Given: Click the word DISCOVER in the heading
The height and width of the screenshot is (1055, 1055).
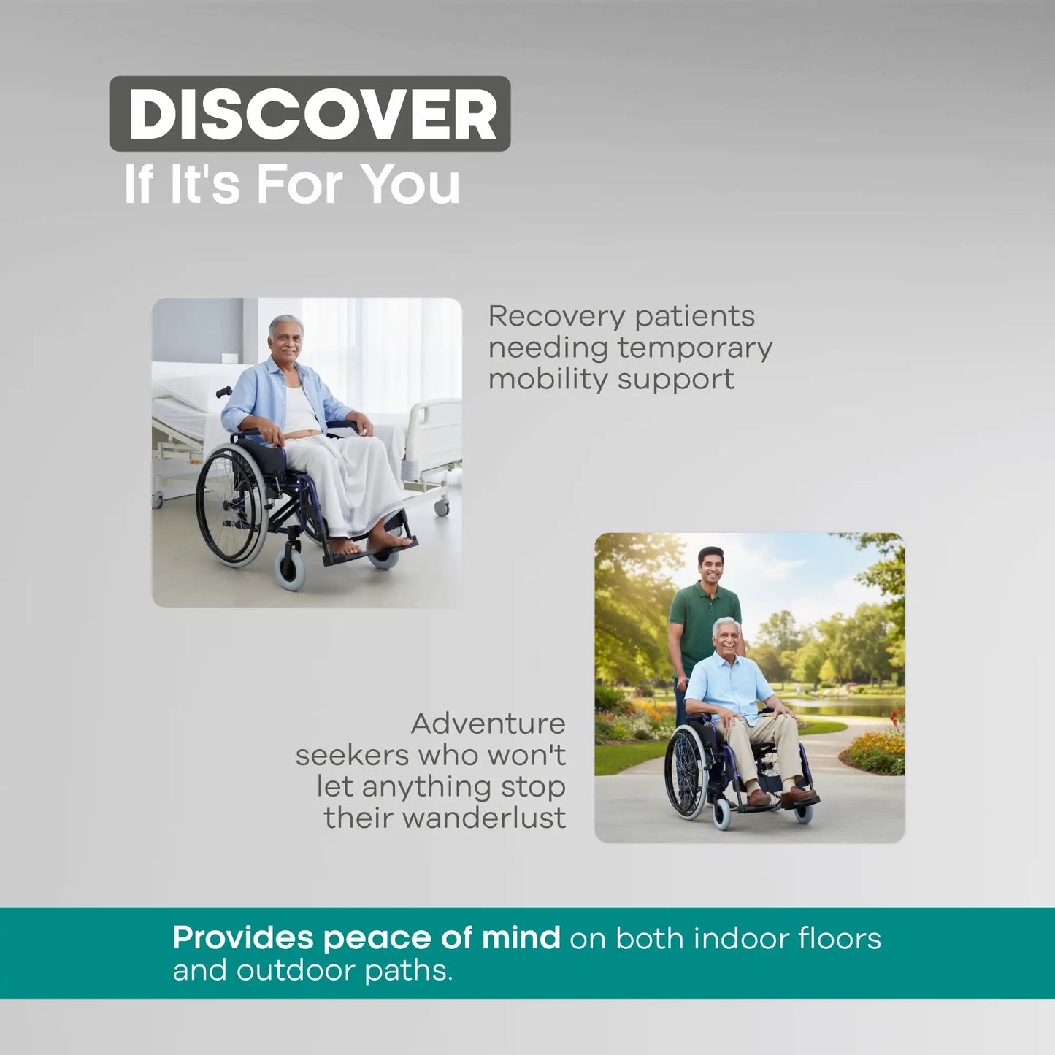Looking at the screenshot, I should (312, 115).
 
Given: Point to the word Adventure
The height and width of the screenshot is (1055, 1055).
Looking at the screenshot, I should (488, 724).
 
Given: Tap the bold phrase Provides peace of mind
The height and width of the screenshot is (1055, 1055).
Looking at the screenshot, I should (366, 937).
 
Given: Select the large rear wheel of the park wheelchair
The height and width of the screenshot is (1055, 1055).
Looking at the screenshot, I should (685, 773).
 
